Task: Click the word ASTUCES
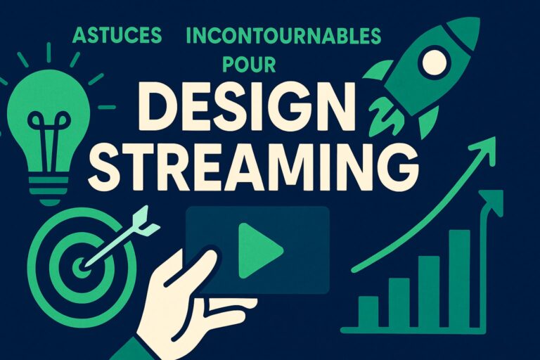pos(117,35)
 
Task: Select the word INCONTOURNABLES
pos(283,36)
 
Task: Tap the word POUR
pos(249,65)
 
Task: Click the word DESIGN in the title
pos(246,106)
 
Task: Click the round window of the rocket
pos(435,63)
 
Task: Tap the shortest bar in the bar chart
pos(368,311)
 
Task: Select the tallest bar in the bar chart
pos(459,278)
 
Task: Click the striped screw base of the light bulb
pos(49,191)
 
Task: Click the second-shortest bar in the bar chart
pos(399,302)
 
